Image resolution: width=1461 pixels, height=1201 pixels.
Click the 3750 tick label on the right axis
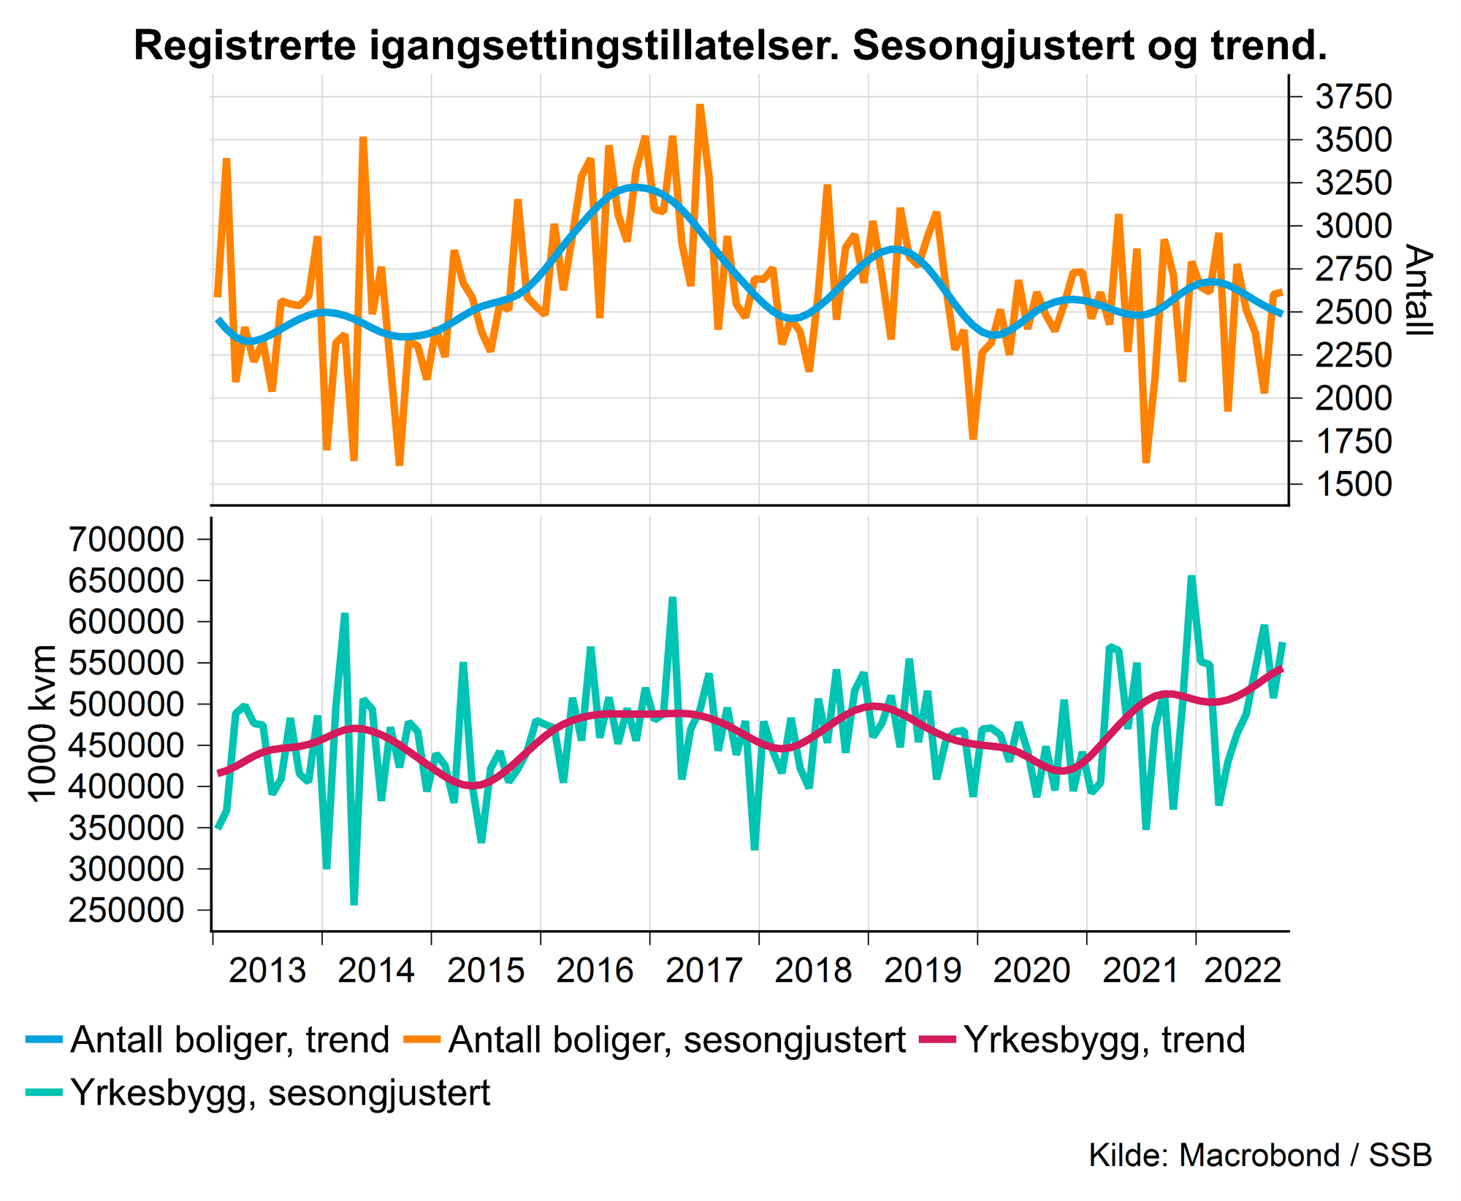pos(1354,97)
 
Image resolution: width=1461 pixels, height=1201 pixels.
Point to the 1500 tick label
pos(1354,484)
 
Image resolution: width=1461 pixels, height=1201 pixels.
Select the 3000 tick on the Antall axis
pos(1354,226)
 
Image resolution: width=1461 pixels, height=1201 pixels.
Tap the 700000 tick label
pos(126,540)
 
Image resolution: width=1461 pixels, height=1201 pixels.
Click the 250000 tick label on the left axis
pos(126,910)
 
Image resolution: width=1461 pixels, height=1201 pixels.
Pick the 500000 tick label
pos(126,705)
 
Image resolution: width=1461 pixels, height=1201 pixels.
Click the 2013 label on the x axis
pos(267,971)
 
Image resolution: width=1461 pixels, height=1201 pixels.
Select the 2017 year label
pos(704,971)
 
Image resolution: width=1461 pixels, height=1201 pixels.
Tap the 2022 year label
pos(1243,971)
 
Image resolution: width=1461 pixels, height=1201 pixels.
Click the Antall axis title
pos(1418,290)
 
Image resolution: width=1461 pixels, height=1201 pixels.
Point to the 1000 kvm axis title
pos(42,724)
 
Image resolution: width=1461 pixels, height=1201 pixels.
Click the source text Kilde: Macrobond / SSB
pos(1260,1155)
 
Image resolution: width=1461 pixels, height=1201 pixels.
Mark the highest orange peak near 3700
pos(700,106)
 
